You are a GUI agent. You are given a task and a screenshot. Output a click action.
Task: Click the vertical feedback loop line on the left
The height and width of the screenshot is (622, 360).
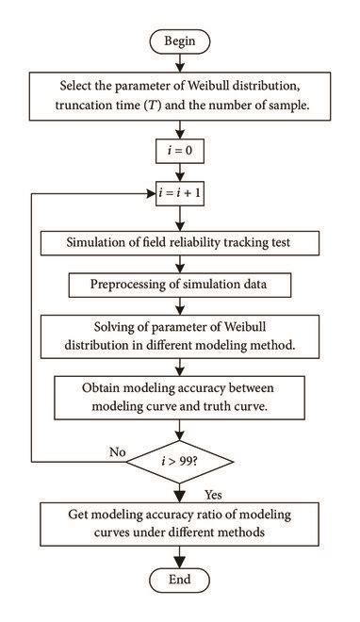coord(32,330)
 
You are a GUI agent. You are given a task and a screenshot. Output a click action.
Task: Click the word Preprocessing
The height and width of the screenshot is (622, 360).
coord(134,284)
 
